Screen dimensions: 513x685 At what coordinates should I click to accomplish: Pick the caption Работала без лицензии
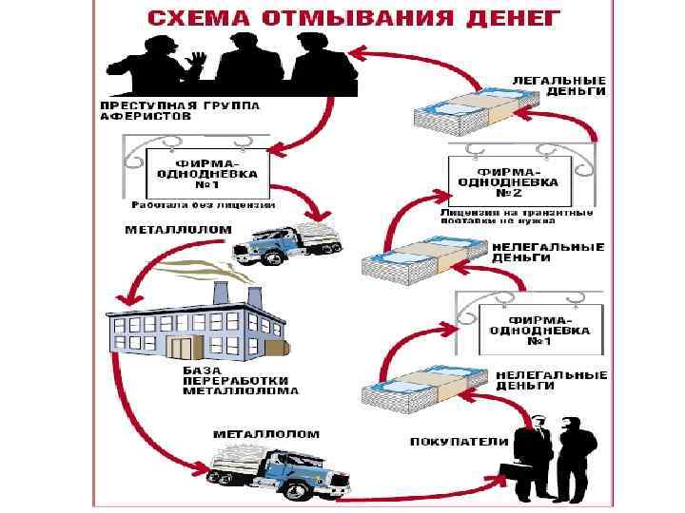pos(203,204)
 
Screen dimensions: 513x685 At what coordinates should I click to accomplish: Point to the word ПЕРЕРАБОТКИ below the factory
pos(233,380)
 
